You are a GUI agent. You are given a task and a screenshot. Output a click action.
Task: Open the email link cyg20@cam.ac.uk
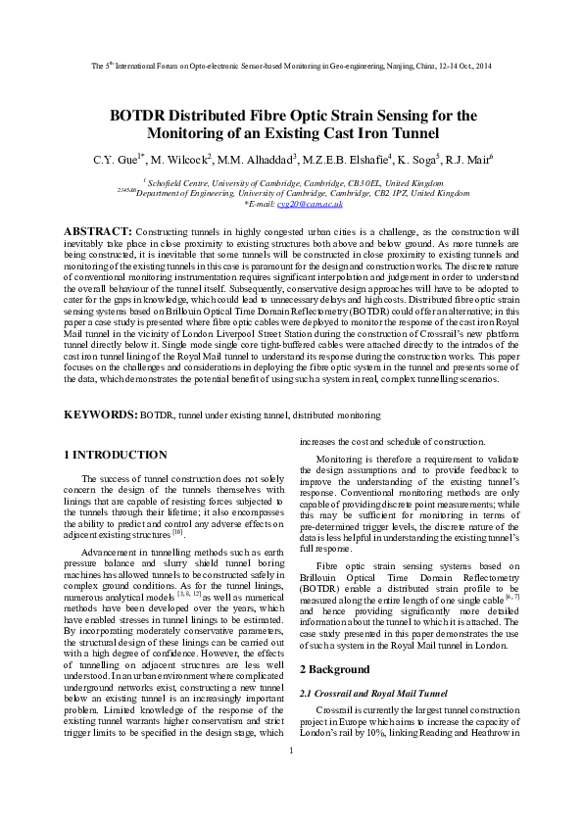point(317,204)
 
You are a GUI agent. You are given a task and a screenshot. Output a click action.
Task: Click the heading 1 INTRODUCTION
point(115,455)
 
